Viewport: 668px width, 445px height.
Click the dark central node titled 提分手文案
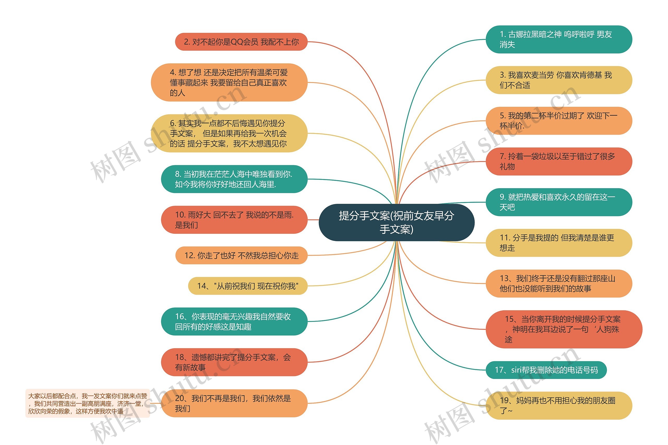[x=396, y=222]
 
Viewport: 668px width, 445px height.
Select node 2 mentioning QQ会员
[x=241, y=42]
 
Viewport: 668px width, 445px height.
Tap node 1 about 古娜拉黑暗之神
[x=558, y=39]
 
